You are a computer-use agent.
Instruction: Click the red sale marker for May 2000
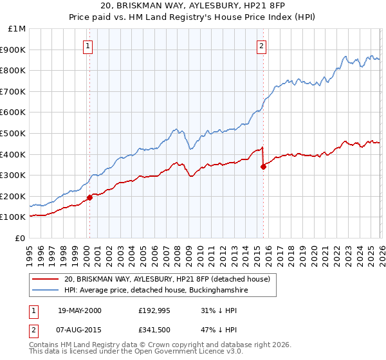pyautogui.click(x=89, y=197)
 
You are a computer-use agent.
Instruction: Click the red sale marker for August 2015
pyautogui.click(x=263, y=166)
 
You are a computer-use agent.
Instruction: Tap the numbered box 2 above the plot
pyautogui.click(x=262, y=46)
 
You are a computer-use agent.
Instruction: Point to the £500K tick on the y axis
pyautogui.click(x=13, y=133)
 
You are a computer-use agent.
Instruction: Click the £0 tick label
pyautogui.click(x=20, y=238)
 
